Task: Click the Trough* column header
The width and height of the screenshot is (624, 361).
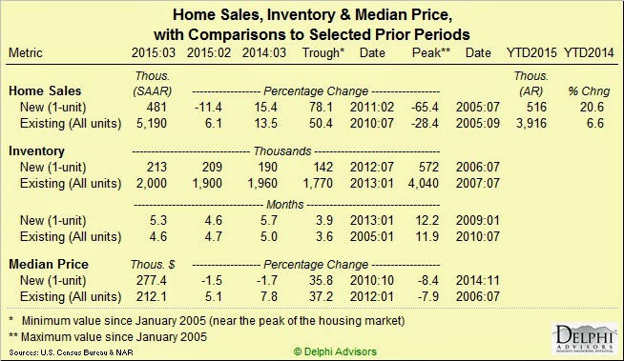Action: click(x=323, y=52)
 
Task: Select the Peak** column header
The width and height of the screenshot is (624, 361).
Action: click(x=431, y=52)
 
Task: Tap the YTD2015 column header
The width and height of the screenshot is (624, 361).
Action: click(x=531, y=52)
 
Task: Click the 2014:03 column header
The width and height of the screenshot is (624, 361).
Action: click(x=264, y=52)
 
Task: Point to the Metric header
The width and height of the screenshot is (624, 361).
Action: click(x=26, y=52)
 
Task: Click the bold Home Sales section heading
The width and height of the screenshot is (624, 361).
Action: click(x=45, y=90)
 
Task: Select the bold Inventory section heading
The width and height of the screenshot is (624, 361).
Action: click(x=36, y=150)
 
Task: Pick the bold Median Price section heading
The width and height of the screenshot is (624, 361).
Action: click(x=49, y=264)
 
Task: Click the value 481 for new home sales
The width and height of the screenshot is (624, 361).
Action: click(x=156, y=108)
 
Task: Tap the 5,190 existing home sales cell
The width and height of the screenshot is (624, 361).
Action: click(x=152, y=123)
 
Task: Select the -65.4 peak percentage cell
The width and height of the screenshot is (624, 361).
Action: click(x=425, y=108)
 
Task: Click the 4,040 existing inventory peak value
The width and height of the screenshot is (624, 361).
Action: click(x=424, y=183)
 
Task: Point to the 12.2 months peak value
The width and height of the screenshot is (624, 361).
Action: click(x=427, y=220)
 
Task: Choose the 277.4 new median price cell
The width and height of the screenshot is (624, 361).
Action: click(x=152, y=280)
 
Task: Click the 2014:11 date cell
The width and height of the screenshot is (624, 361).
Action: click(x=478, y=280)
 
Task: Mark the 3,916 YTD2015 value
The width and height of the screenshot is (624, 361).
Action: click(x=531, y=123)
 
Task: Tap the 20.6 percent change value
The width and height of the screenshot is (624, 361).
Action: click(x=593, y=108)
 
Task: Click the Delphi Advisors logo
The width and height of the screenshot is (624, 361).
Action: click(x=584, y=339)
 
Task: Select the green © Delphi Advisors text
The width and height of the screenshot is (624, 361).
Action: click(x=335, y=351)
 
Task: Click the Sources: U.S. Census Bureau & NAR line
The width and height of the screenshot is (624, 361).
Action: click(x=71, y=352)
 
